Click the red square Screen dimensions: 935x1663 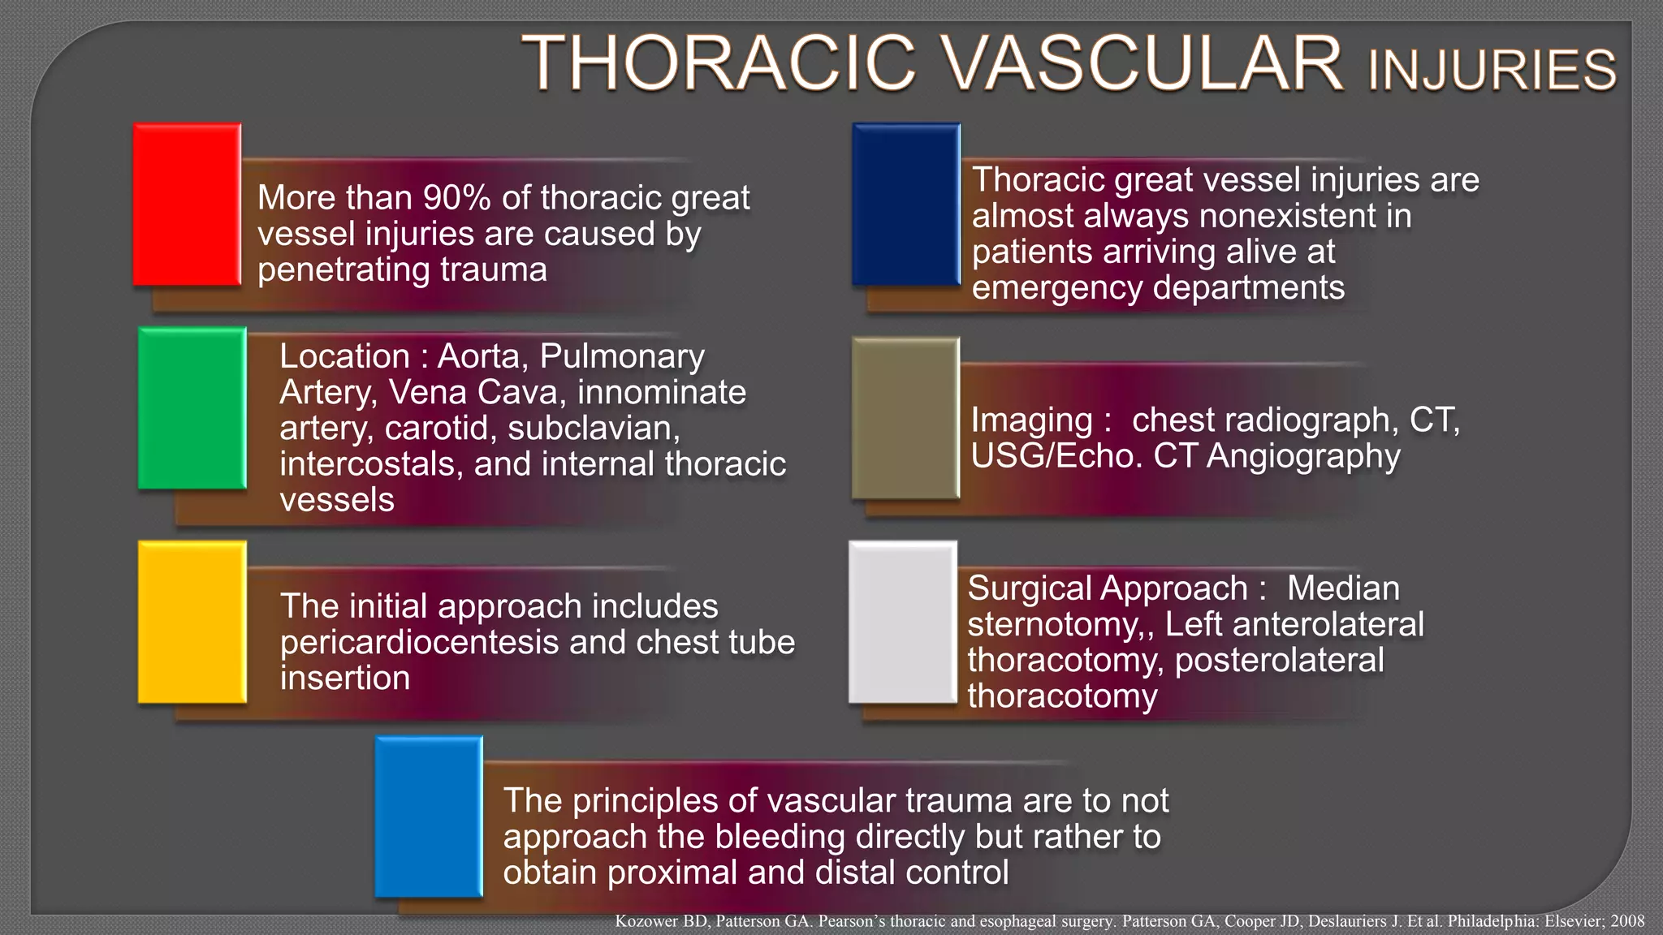(187, 205)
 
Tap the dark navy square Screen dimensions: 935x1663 (905, 205)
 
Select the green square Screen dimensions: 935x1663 (192, 408)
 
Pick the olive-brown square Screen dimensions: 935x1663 (905, 418)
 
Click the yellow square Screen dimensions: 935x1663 (192, 622)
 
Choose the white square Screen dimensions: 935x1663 (902, 622)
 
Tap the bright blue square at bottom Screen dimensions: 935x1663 (428, 817)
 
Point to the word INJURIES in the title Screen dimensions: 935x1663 (1492, 71)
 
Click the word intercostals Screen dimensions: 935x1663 (372, 464)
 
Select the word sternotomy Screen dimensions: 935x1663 (1058, 625)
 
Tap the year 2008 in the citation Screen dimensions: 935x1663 (1627, 921)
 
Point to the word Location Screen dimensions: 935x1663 (344, 357)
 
